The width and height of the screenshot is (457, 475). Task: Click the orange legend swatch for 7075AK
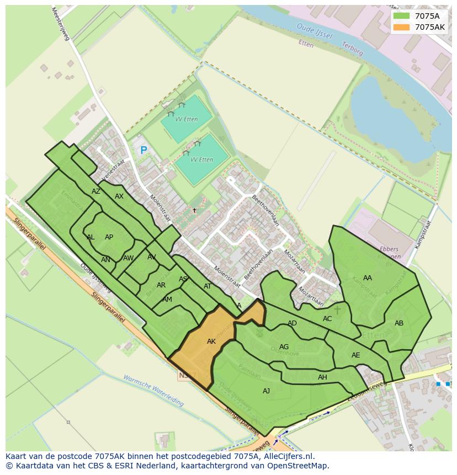point(402,27)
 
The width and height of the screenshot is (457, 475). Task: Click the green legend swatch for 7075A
point(402,16)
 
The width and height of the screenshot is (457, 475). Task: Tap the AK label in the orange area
point(211,341)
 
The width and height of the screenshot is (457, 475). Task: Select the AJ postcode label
point(267,391)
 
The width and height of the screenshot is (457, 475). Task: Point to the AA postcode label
point(368,278)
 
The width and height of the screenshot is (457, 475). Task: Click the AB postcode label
point(399,323)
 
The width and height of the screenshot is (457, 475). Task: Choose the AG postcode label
point(284,347)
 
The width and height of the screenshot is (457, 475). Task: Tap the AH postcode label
point(322,377)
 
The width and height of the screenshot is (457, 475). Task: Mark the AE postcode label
point(355,355)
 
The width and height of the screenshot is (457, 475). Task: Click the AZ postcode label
point(96,191)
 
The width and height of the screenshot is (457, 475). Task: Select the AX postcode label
point(119,196)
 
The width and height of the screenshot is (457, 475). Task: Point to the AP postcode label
point(109,237)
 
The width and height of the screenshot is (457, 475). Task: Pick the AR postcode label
point(161,285)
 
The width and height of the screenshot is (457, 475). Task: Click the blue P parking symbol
point(144,150)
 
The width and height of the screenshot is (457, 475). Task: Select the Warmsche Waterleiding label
point(153,391)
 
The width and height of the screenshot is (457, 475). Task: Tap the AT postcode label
point(208,286)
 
